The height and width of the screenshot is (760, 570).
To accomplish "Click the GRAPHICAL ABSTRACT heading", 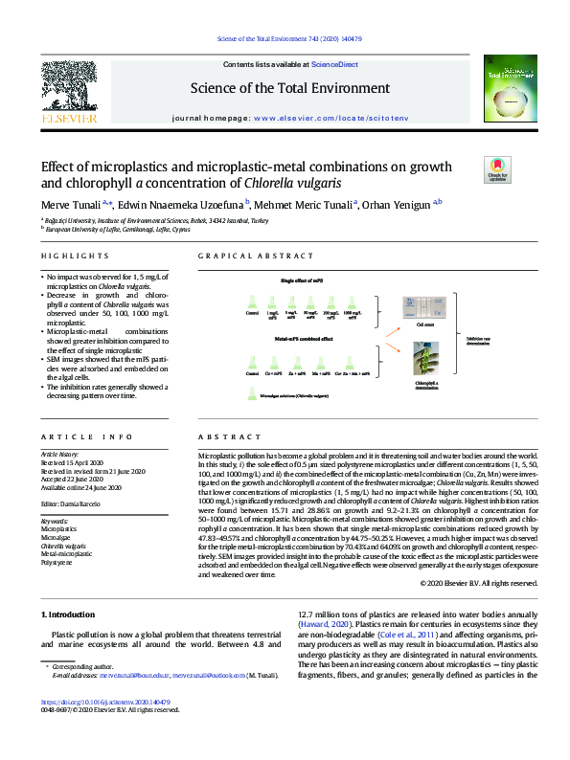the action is tap(256, 257).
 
